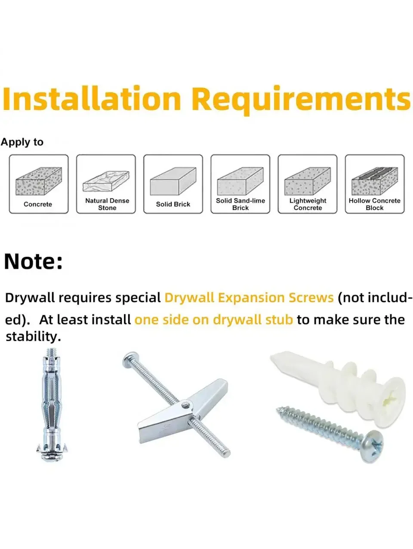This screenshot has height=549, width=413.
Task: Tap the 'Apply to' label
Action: tap(22, 142)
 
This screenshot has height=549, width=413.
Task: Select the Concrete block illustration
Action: tap(39, 181)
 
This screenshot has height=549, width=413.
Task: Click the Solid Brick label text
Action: tap(173, 204)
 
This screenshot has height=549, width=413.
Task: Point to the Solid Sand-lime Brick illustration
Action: tap(240, 181)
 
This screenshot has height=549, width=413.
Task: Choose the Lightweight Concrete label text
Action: tap(308, 204)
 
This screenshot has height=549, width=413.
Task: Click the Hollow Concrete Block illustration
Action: tap(374, 181)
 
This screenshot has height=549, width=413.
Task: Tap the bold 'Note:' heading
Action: tap(33, 262)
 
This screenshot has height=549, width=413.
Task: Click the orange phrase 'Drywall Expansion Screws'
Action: tap(249, 298)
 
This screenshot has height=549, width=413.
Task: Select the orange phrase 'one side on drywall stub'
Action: tap(214, 320)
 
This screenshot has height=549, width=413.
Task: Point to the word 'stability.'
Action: tap(33, 337)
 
